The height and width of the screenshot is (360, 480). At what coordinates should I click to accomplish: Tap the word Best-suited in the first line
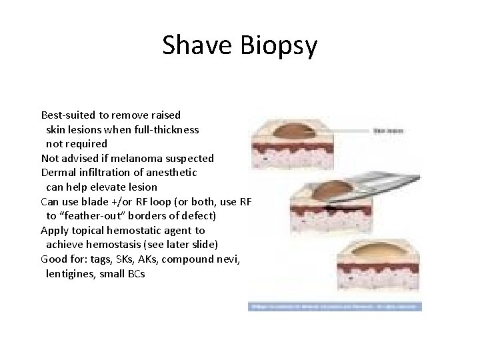[x=67, y=115]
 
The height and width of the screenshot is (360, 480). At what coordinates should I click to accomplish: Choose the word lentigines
[x=71, y=274]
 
